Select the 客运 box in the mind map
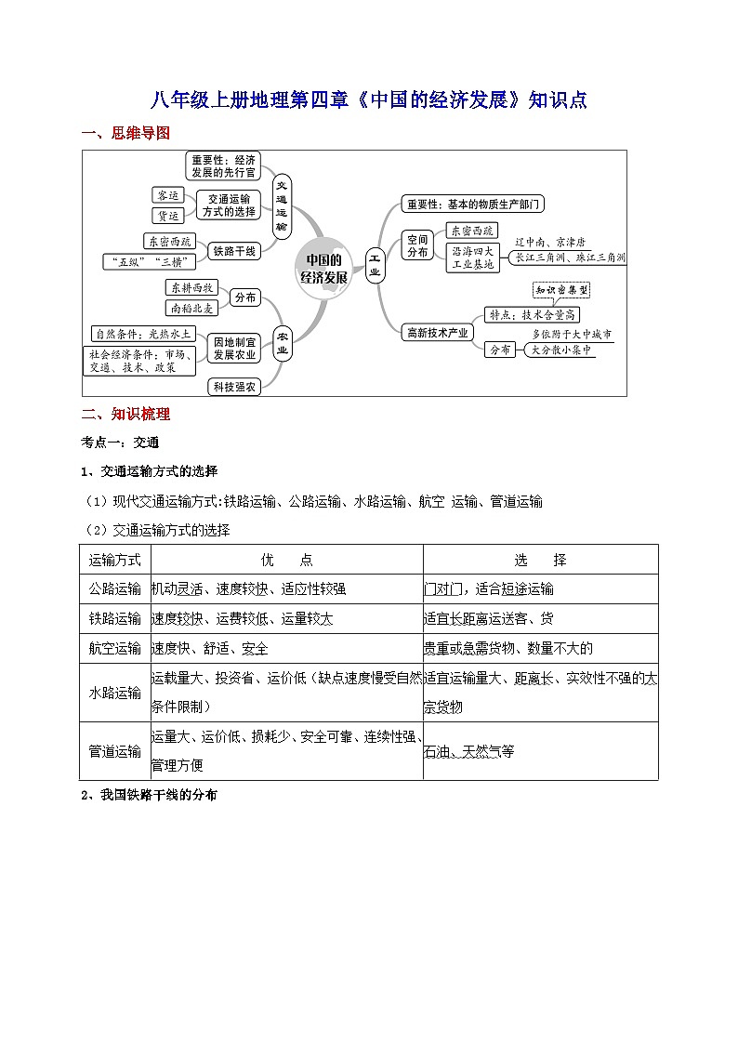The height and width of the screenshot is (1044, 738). pyautogui.click(x=168, y=195)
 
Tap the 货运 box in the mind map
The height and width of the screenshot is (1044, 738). pyautogui.click(x=168, y=216)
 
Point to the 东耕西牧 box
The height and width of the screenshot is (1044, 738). pyautogui.click(x=191, y=287)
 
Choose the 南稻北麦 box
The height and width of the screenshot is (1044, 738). pyautogui.click(x=191, y=308)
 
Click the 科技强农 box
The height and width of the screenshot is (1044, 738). pyautogui.click(x=234, y=387)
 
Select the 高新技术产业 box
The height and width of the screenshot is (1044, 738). pyautogui.click(x=437, y=332)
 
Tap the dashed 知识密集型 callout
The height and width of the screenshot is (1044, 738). pyautogui.click(x=561, y=291)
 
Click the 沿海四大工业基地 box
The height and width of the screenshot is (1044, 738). pyautogui.click(x=474, y=258)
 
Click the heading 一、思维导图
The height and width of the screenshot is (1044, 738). pyautogui.click(x=125, y=134)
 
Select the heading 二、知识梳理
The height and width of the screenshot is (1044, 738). pyautogui.click(x=125, y=415)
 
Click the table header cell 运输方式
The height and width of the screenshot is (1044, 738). pyautogui.click(x=115, y=560)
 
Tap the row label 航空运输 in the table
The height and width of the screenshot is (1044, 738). pyautogui.click(x=115, y=648)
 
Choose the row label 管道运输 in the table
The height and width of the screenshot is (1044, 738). pyautogui.click(x=115, y=751)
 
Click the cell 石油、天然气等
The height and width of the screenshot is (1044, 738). pyautogui.click(x=468, y=751)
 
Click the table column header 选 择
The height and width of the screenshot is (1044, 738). pyautogui.click(x=540, y=560)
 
